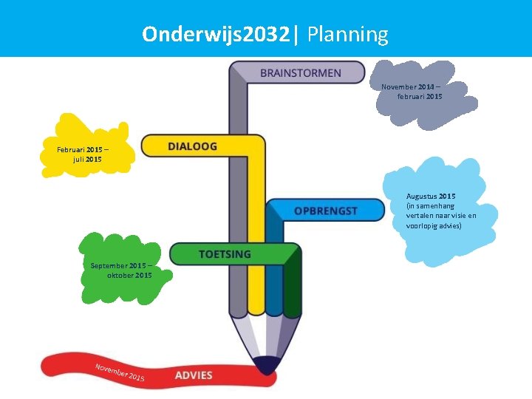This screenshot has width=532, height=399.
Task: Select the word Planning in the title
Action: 347,34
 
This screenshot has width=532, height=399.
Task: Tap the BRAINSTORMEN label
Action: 301,73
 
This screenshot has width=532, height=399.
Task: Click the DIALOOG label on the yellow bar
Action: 192,146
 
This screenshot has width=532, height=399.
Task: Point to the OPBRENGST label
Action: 325,211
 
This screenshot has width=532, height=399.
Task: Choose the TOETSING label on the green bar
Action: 225,254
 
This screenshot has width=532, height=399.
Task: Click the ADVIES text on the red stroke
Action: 194,375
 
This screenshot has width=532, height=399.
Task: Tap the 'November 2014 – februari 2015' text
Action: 412,92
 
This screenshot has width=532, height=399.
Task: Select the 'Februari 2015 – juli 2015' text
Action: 83,154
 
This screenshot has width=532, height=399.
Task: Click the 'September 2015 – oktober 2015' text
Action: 122,270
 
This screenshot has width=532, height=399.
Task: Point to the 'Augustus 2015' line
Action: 431,196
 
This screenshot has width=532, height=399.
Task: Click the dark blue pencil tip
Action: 265,364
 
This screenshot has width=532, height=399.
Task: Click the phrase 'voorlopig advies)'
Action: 434,225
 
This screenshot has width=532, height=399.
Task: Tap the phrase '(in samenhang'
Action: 430,205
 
